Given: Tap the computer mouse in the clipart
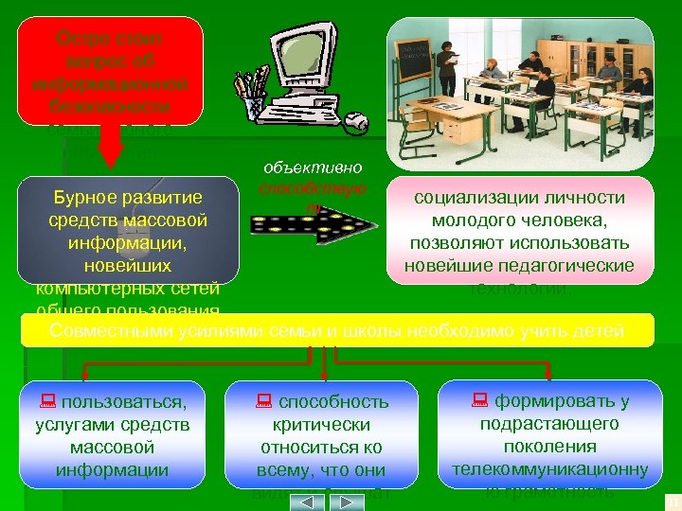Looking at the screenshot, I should [x=356, y=122].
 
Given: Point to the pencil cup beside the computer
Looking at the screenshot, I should [x=253, y=95].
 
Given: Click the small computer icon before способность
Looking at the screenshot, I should [x=263, y=401].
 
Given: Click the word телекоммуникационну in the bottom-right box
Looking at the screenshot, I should [x=549, y=468].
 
